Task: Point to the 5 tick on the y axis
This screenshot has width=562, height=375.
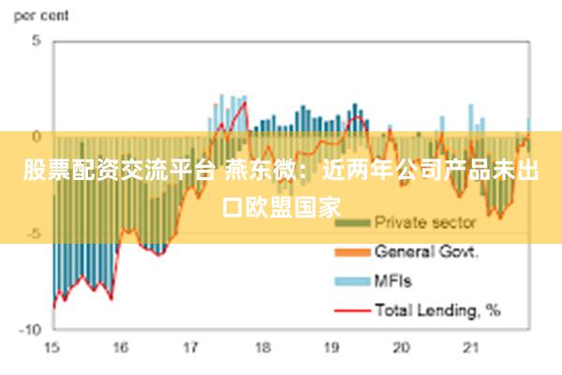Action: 37,41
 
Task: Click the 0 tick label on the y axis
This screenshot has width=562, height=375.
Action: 37,137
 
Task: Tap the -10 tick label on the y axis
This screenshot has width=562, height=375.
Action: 31,329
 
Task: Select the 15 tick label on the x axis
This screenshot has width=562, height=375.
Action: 52,348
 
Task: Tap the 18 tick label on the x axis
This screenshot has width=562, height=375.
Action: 261,348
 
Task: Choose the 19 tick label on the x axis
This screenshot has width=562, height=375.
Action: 332,348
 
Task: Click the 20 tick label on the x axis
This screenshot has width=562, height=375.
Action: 402,348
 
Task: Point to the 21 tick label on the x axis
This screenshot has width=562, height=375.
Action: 471,348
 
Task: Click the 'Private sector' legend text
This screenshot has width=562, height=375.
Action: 424,223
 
